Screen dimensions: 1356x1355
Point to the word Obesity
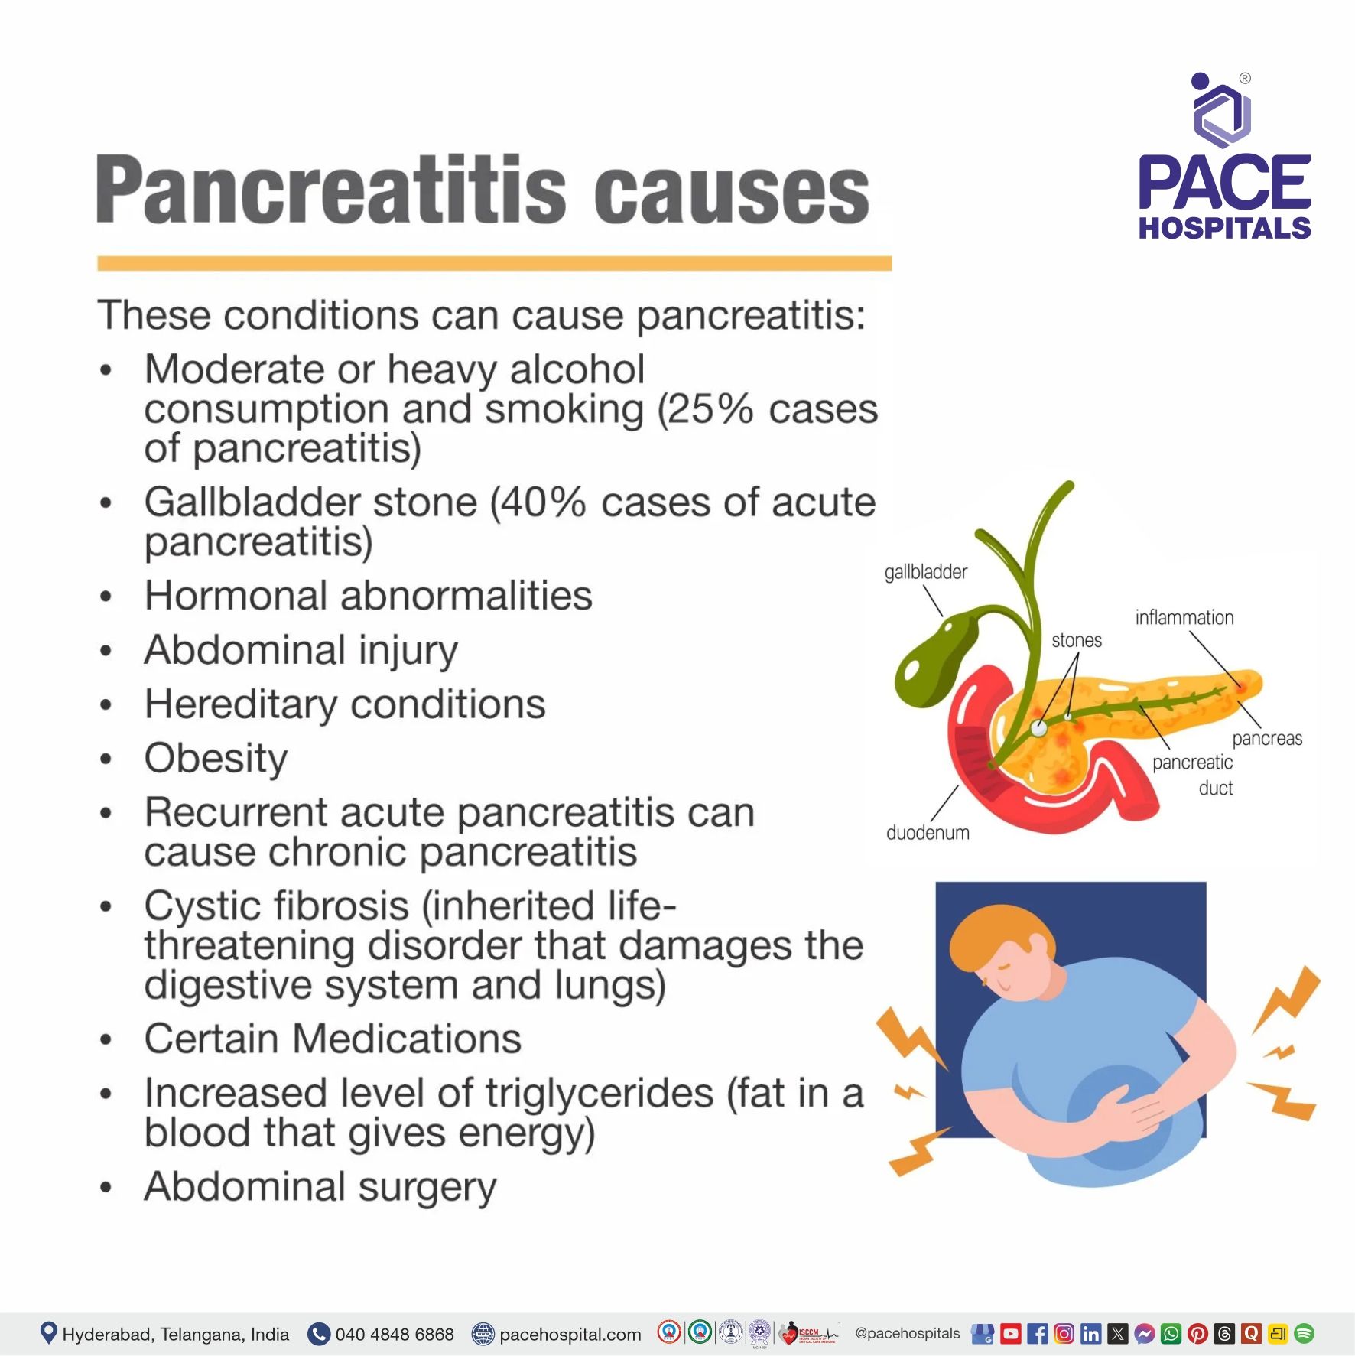coord(216,759)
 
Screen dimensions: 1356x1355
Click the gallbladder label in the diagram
coord(925,572)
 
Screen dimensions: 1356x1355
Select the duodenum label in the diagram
coord(927,833)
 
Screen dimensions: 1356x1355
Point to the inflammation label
coord(1184,618)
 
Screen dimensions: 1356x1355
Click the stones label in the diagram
coord(1076,640)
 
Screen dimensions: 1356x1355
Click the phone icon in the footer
coord(318,1334)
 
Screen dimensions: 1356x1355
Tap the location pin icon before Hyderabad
coord(48,1333)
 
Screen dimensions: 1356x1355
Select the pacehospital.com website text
coord(570,1335)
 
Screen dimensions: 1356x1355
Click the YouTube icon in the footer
coord(1010,1334)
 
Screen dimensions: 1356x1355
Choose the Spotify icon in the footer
coord(1304,1334)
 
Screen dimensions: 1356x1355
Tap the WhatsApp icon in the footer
coord(1171,1334)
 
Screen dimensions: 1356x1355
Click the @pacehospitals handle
coord(907,1333)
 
